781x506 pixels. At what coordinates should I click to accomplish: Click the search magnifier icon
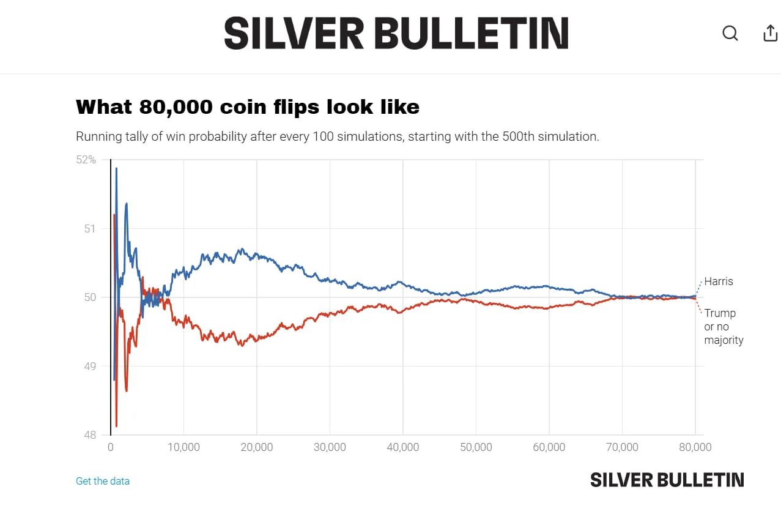point(730,33)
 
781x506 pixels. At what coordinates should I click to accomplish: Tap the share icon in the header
point(771,33)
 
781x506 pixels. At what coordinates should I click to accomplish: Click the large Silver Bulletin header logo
point(396,33)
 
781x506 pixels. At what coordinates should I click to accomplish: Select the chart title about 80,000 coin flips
point(247,107)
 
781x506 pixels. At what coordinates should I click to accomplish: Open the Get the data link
point(103,481)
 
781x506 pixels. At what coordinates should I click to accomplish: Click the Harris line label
point(719,281)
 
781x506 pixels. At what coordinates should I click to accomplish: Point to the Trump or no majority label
point(724,327)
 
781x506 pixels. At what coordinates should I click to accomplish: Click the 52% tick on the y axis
point(86,160)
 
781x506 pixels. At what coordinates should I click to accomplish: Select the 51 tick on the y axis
point(90,229)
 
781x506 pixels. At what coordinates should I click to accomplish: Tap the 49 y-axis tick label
point(90,366)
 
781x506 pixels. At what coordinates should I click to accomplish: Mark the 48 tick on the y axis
point(90,435)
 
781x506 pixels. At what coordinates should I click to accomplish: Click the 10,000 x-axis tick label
point(183,447)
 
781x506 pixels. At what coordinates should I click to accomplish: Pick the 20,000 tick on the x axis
point(257,447)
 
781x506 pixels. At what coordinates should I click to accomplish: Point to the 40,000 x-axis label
point(403,447)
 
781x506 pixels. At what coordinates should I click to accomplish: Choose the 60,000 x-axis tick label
point(549,447)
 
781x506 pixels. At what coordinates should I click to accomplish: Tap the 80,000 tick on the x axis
point(695,447)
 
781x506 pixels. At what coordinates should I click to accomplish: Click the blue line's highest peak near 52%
point(116,168)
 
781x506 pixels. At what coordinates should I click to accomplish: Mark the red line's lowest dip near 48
point(116,426)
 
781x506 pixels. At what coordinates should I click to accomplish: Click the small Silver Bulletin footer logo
point(667,480)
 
